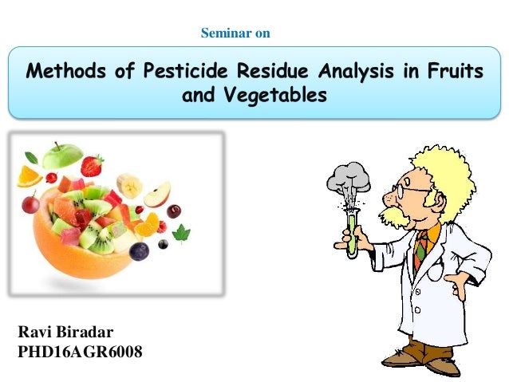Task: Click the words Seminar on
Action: point(235,33)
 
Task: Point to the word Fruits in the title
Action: point(453,73)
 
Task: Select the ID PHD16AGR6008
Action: point(79,350)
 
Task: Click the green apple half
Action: point(63,156)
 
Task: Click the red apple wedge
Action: point(157,193)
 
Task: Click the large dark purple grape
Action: point(140,251)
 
